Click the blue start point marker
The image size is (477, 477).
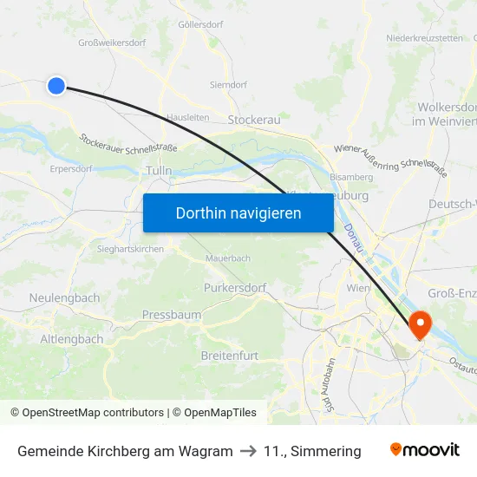56,85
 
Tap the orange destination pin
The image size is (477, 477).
420,324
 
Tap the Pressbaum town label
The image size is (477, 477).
172,315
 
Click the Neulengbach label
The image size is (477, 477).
64,297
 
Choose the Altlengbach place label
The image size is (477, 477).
72,339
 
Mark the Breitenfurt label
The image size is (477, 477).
230,356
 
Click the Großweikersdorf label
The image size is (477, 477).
112,42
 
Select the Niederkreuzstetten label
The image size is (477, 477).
424,38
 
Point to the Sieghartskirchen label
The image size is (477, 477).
127,248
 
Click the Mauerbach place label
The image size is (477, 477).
228,258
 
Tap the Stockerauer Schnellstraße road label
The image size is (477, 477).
128,142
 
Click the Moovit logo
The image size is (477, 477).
425,450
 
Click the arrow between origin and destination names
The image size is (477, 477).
248,451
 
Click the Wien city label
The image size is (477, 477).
358,287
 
